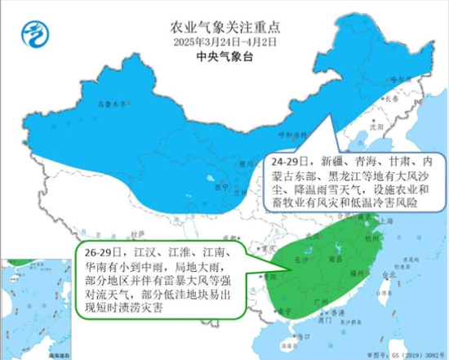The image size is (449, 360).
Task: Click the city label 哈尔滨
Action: tap(397, 79)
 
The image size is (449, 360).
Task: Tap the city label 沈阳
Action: tap(375, 127)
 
